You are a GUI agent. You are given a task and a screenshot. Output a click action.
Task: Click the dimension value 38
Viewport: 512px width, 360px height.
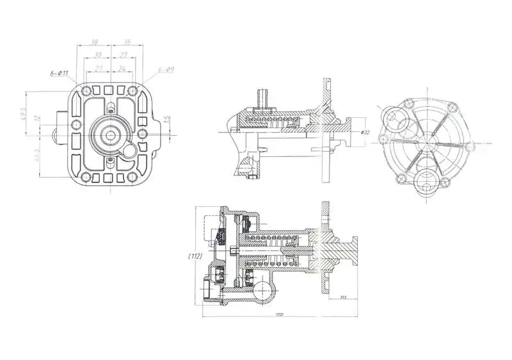(x=94, y=42)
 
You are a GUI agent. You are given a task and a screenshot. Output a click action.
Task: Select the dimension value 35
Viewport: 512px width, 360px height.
(x=127, y=42)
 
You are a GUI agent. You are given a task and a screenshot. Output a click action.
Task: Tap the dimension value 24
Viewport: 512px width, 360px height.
(x=122, y=67)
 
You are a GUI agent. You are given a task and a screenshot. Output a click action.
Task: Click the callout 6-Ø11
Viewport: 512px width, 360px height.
(x=59, y=74)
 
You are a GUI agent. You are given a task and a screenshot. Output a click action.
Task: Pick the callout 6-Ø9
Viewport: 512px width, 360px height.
(x=166, y=69)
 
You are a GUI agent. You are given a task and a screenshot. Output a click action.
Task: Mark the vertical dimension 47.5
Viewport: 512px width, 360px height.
(x=24, y=113)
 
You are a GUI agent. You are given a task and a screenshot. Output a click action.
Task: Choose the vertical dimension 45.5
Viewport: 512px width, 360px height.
(x=38, y=154)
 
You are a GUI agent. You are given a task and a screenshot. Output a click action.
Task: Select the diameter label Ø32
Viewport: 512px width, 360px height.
(x=365, y=132)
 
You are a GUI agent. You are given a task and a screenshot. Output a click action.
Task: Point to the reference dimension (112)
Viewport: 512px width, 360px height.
(x=195, y=255)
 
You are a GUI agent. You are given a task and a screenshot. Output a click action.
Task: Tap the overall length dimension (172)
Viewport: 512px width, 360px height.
(x=279, y=314)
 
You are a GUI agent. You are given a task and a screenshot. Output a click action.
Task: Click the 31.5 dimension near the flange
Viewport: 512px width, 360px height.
(x=343, y=297)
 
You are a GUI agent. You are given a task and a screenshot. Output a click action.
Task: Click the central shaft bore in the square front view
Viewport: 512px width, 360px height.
(x=110, y=135)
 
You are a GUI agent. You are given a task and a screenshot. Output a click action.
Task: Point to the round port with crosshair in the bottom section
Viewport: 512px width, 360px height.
(x=261, y=294)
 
